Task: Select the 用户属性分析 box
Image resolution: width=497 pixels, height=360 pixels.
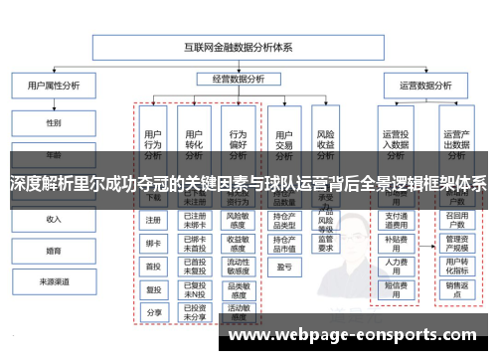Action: pos(53,87)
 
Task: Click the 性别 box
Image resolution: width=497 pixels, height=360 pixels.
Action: pos(53,122)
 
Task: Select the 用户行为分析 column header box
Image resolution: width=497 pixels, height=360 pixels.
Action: pos(153,138)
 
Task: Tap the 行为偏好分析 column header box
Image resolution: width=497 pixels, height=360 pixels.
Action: pos(239,138)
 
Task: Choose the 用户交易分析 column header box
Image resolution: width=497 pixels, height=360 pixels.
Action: pos(283,138)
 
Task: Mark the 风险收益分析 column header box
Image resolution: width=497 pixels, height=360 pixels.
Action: pos(325,138)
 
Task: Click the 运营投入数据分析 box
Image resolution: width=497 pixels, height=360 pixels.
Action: pos(396,138)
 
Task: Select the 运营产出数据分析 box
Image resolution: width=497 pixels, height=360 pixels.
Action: pos(456,138)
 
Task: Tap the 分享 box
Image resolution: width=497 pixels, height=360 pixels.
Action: pos(153,313)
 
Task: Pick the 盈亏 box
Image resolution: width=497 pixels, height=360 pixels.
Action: pos(283,268)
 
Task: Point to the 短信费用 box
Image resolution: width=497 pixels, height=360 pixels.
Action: pos(396,289)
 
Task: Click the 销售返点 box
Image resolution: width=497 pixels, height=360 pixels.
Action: pos(456,289)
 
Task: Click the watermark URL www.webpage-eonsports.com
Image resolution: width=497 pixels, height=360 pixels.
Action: pos(359,336)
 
